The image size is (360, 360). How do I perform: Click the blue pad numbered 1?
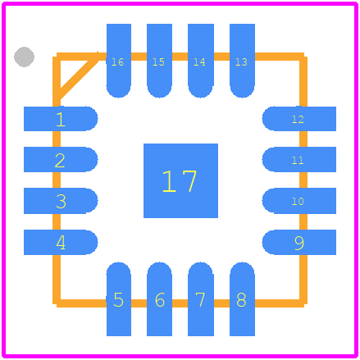point(61,119)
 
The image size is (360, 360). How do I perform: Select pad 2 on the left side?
point(61,159)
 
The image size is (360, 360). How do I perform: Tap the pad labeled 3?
point(61,201)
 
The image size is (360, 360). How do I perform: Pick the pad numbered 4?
point(61,242)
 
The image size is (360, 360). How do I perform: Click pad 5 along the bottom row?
point(119,299)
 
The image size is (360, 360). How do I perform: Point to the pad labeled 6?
point(159,299)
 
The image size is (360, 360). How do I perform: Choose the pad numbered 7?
point(201,299)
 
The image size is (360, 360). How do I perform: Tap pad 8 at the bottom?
point(242,299)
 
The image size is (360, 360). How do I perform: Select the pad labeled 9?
point(299,242)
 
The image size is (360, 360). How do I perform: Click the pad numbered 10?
point(299,201)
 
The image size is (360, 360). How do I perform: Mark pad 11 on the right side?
point(299,159)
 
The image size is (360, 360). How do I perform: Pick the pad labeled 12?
point(299,119)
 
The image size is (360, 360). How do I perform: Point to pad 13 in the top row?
point(242,61)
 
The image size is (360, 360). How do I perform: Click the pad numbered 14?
point(201,61)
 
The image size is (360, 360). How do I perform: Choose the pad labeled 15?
point(159,61)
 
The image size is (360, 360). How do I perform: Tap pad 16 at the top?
point(119,61)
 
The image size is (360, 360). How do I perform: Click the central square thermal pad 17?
point(180,180)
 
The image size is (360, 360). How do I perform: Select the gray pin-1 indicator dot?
point(24,57)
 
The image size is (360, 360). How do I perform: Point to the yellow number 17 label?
point(180,181)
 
